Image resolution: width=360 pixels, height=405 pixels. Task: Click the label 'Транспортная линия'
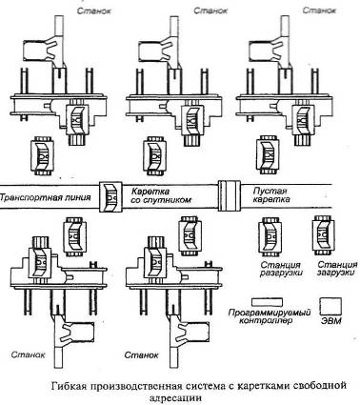46,197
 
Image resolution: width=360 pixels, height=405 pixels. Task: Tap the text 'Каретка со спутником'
161,195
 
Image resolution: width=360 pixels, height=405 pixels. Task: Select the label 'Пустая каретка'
271,195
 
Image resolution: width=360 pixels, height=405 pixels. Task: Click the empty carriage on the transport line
230,195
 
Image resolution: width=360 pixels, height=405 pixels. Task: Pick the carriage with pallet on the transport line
110,197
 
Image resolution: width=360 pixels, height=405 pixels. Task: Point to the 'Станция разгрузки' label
281,269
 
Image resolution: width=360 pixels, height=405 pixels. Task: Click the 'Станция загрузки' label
337,269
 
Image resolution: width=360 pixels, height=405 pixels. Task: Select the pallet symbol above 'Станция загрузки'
324,235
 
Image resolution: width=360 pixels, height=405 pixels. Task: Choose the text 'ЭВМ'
331,321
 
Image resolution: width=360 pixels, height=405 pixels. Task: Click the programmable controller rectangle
268,302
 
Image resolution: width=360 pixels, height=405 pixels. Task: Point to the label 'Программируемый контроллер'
270,316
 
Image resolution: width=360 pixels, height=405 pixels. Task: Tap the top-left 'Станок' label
94,10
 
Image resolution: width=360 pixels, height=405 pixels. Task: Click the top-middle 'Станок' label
210,10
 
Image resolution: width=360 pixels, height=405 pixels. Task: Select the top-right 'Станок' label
319,10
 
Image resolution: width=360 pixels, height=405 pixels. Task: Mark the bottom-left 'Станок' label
28,354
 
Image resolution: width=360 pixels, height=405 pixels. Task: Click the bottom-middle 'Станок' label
141,354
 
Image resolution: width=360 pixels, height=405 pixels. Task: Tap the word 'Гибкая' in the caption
69,386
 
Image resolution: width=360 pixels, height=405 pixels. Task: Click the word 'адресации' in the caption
175,397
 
